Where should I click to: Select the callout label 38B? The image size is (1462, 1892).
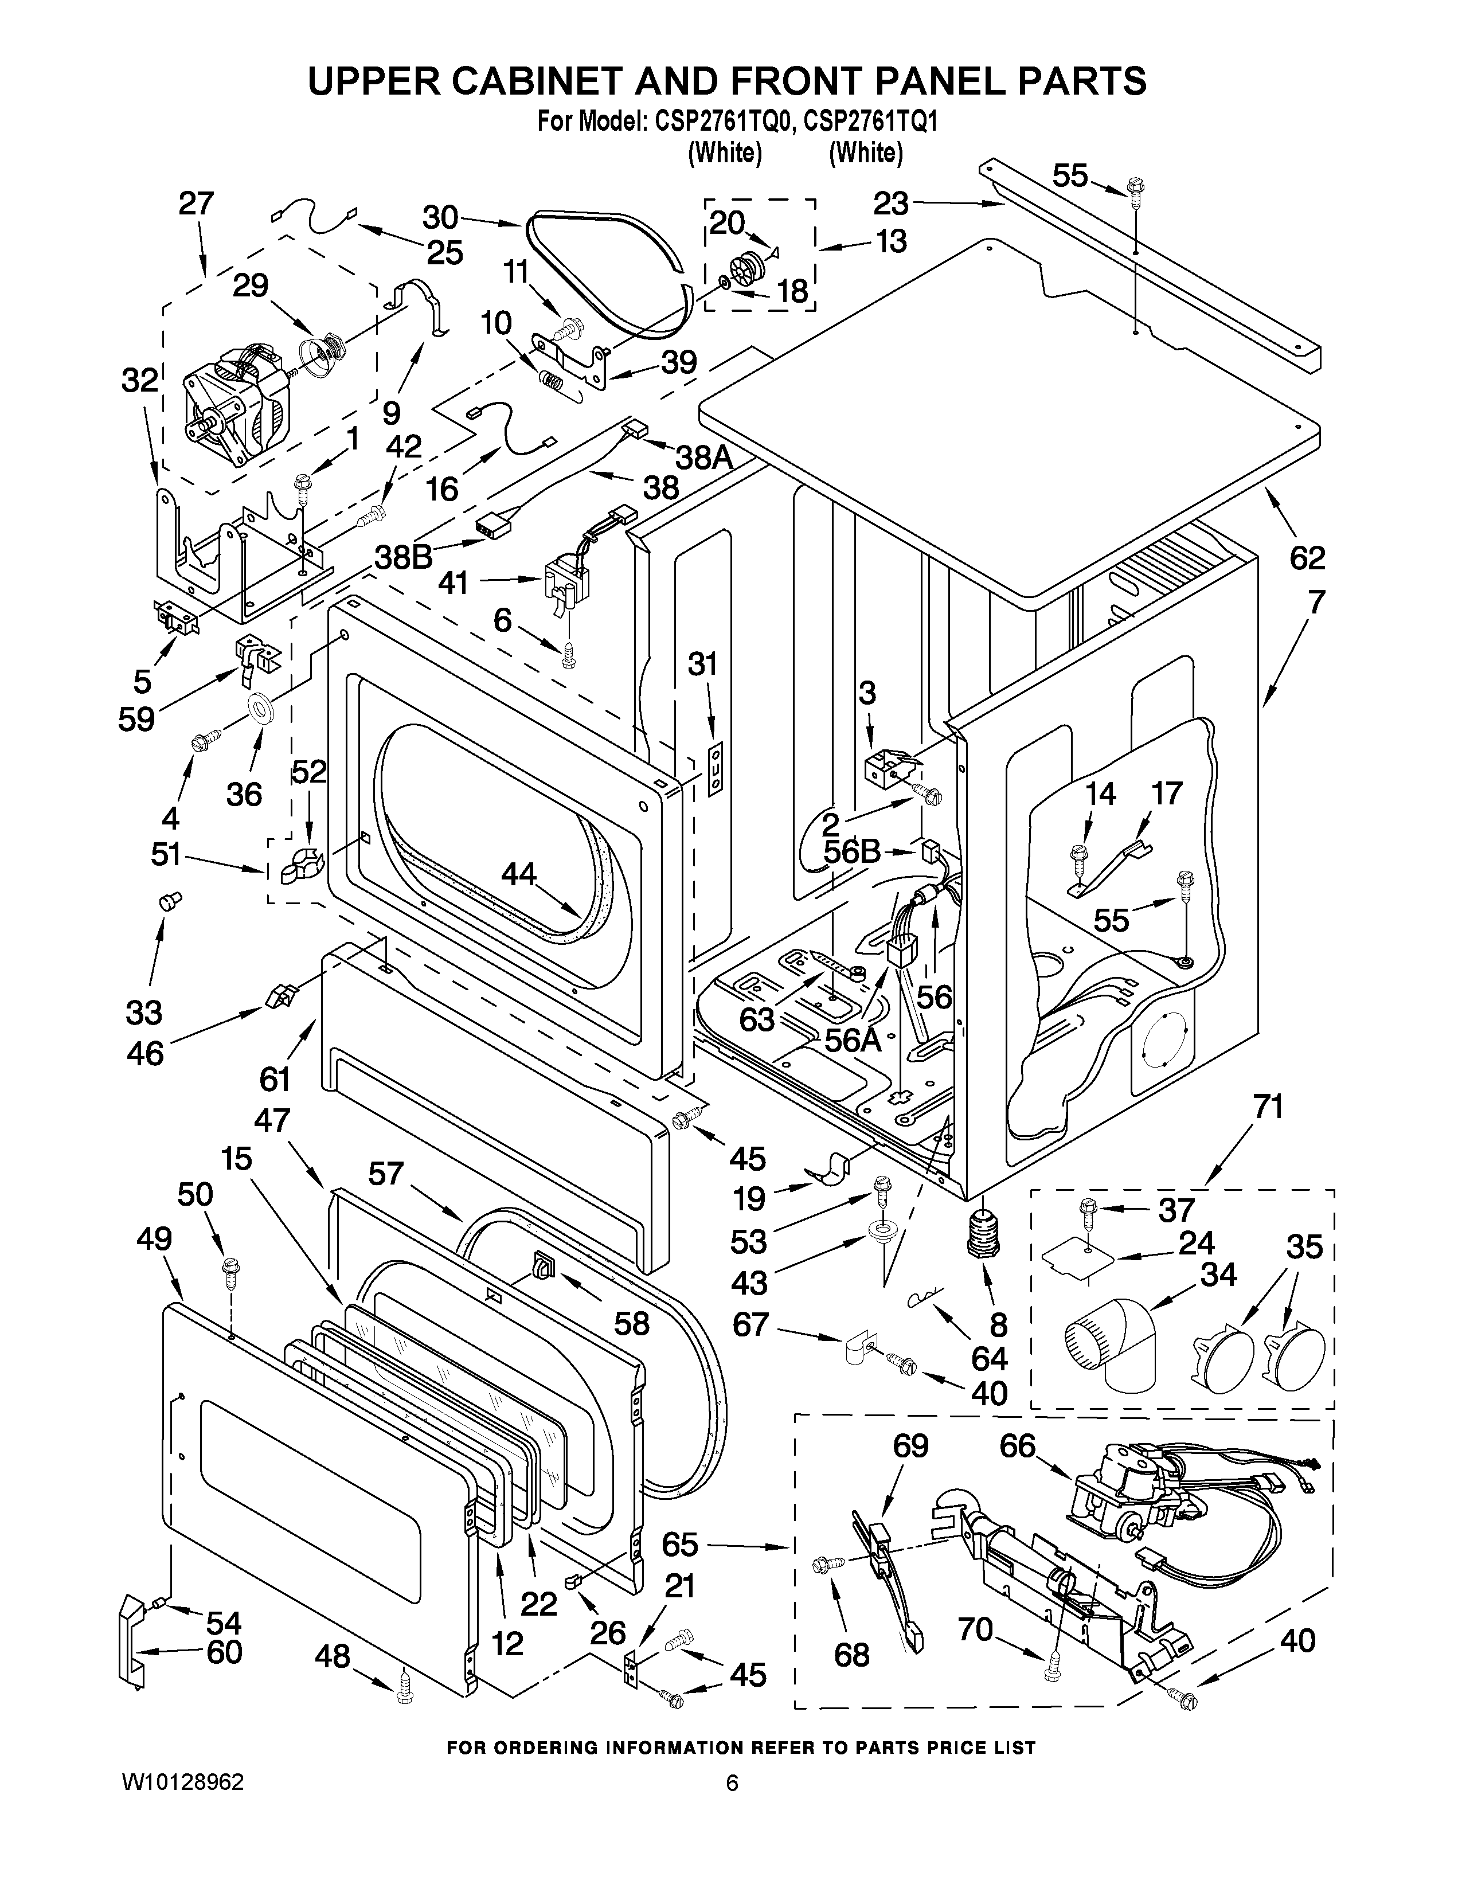[404, 556]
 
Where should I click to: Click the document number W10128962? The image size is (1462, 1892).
[183, 1830]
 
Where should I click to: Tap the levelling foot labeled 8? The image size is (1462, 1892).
[982, 1231]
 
